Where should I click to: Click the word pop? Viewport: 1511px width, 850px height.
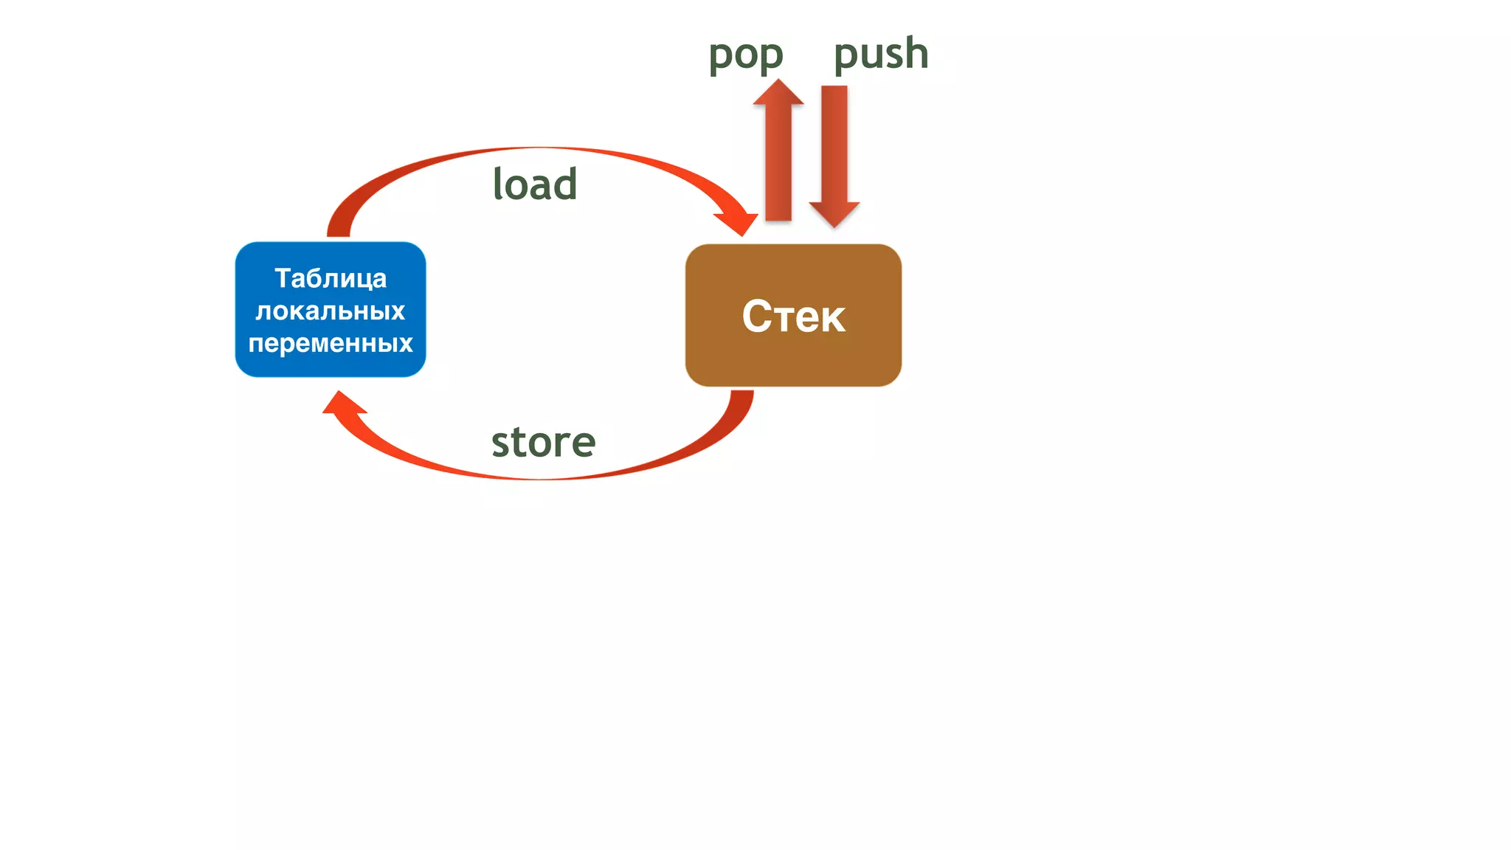(x=745, y=55)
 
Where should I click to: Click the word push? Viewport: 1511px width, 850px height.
(x=880, y=54)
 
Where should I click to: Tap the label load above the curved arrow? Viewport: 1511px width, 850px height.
(x=535, y=184)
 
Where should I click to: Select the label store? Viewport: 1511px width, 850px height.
(x=543, y=442)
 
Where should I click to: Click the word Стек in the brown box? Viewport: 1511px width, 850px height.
(x=793, y=317)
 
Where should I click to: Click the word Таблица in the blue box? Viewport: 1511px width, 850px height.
(x=331, y=278)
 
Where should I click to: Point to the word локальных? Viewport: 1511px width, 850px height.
(x=331, y=311)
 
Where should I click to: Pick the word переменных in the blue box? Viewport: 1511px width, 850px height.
(x=331, y=343)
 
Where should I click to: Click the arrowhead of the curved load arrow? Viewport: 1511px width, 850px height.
(x=739, y=221)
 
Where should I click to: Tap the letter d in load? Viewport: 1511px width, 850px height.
(x=564, y=184)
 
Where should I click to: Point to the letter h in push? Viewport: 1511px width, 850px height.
(x=915, y=54)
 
